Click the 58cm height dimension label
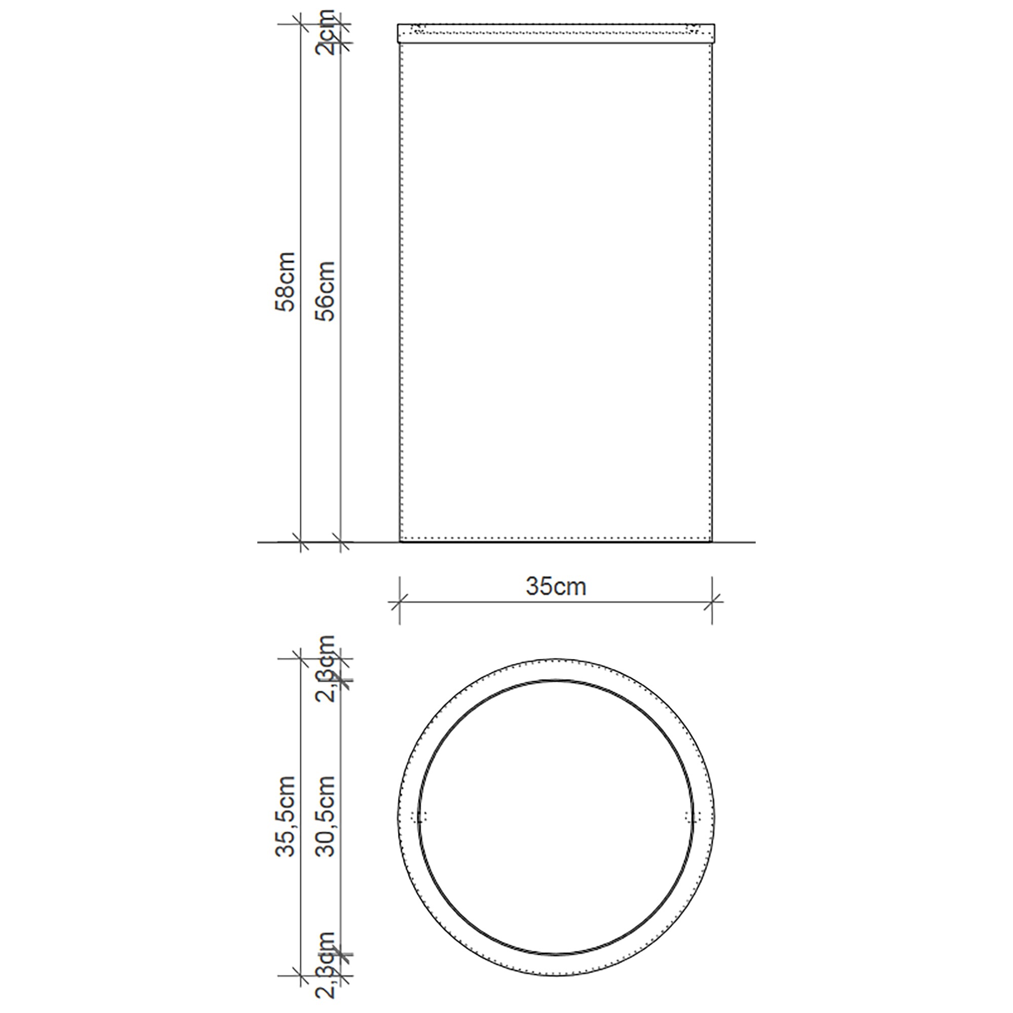286,282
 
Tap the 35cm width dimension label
556,587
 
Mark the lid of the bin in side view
556,32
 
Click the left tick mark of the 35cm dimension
400,602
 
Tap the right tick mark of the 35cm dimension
712,602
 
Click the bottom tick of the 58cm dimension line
300,541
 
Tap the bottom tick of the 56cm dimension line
341,541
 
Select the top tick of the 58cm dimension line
300,24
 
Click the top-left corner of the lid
398,24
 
